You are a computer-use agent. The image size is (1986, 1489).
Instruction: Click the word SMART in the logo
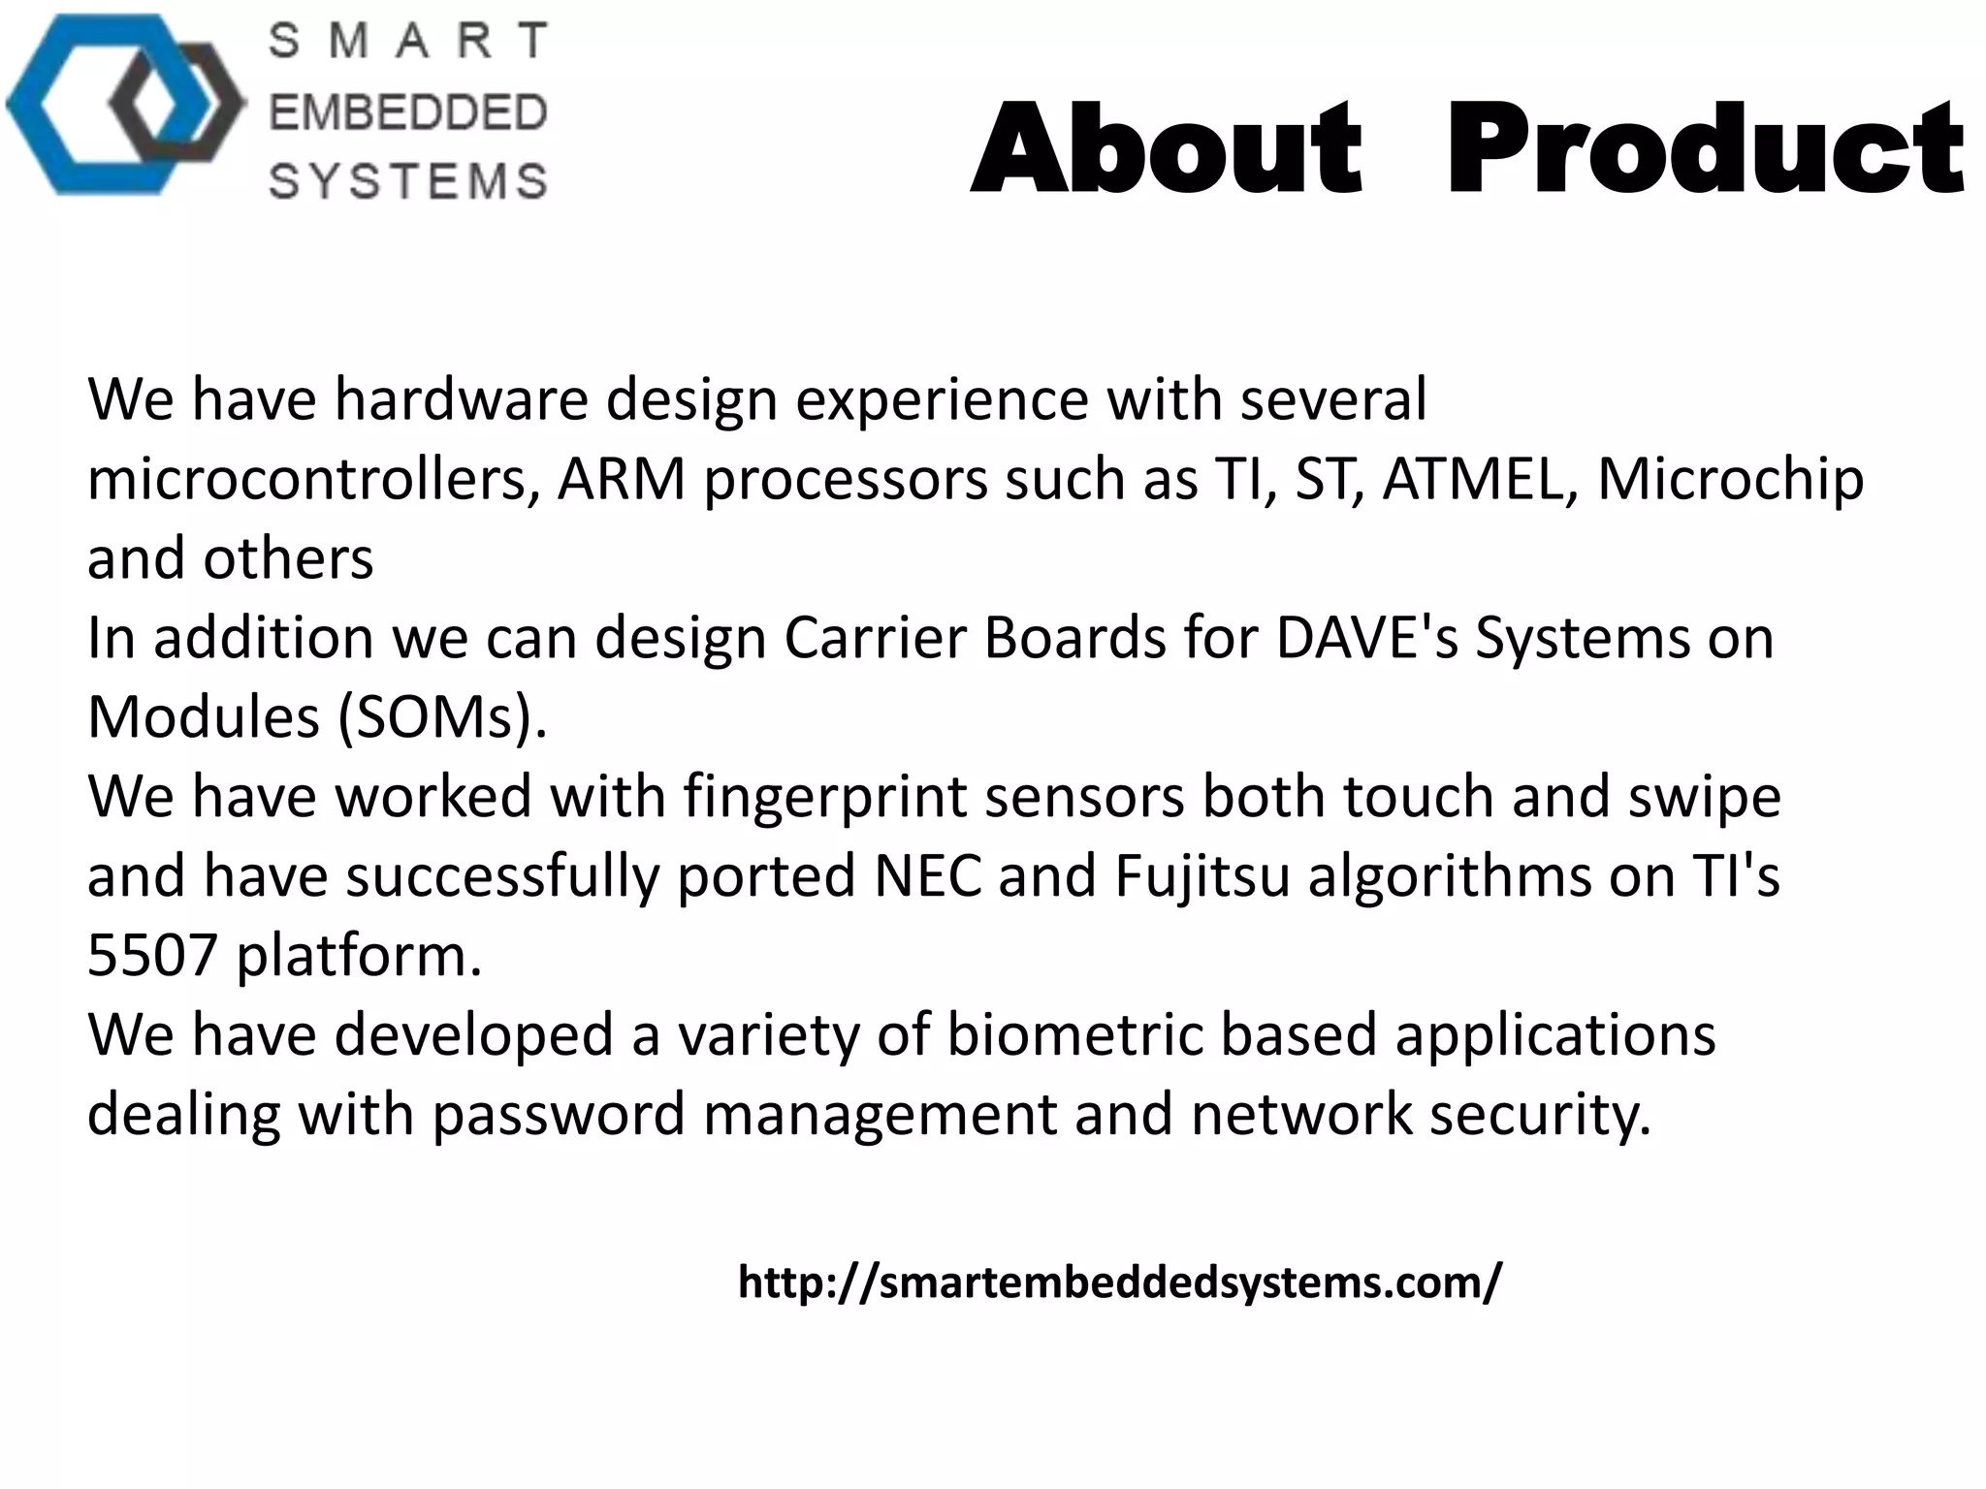407,41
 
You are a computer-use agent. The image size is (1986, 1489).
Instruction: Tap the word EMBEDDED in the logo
407,112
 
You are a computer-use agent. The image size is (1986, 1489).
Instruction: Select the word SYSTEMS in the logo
407,181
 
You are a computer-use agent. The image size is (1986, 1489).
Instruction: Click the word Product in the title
1705,150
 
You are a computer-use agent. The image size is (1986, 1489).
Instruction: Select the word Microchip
1730,480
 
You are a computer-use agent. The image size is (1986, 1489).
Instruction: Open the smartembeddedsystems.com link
1120,1283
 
